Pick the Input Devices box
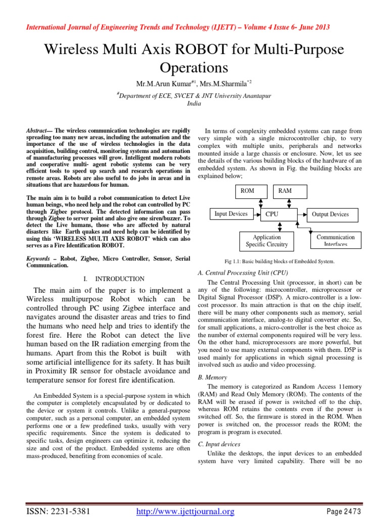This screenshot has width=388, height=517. pyautogui.click(x=231, y=214)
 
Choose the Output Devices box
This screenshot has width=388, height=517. pyautogui.click(x=330, y=215)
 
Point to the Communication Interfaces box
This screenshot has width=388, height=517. pyautogui.click(x=335, y=240)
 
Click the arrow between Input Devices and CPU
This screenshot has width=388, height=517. pyautogui.click(x=256, y=215)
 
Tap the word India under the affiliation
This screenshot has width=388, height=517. pyautogui.click(x=194, y=102)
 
